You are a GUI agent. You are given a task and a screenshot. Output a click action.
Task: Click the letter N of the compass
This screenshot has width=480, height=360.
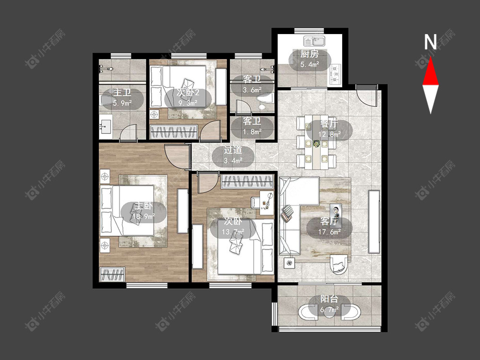pyautogui.click(x=430, y=42)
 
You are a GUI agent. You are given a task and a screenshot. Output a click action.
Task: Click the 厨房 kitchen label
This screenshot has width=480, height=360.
pyautogui.click(x=310, y=54)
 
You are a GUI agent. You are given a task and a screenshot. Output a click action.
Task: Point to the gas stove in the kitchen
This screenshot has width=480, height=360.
pyautogui.click(x=335, y=74)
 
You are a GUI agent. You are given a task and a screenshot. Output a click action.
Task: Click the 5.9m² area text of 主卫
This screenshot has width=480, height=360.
pyautogui.click(x=122, y=103)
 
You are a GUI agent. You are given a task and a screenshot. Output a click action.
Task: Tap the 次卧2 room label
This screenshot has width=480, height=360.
pyautogui.click(x=188, y=92)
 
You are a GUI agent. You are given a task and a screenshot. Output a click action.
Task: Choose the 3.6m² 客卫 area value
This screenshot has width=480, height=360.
pyautogui.click(x=252, y=90)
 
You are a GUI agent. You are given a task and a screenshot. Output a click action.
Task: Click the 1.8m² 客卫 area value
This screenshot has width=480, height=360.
pyautogui.click(x=252, y=132)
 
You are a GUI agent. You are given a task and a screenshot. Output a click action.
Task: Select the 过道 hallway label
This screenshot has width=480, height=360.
pyautogui.click(x=233, y=150)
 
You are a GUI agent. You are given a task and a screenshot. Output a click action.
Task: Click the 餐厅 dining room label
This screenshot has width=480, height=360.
pyautogui.click(x=329, y=124)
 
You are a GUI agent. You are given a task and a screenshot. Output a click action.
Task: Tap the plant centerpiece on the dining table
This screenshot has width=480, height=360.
pyautogui.click(x=316, y=143)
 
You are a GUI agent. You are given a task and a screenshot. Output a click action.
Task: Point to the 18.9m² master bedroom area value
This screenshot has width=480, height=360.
pyautogui.click(x=144, y=216)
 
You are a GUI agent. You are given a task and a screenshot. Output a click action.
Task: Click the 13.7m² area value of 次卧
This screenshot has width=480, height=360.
pyautogui.click(x=233, y=232)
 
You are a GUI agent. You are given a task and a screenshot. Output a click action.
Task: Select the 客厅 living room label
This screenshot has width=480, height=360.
pyautogui.click(x=329, y=221)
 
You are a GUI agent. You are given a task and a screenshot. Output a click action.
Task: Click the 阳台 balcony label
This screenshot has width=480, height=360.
pyautogui.click(x=329, y=299)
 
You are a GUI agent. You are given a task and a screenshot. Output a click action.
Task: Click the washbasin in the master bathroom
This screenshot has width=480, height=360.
pyautogui.click(x=106, y=126)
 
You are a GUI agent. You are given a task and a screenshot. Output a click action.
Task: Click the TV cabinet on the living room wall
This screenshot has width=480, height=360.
pyautogui.click(x=374, y=222)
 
